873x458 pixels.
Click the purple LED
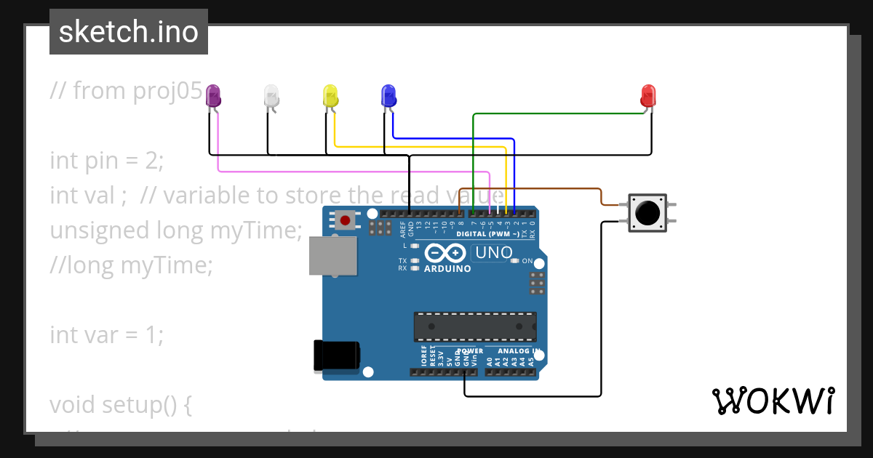pos(213,95)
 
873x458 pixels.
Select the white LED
pos(271,95)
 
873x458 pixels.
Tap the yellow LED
pos(330,95)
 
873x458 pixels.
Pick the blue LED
pos(388,95)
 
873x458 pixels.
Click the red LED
pos(647,95)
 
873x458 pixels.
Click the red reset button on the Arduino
pos(345,220)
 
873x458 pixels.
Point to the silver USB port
pos(333,256)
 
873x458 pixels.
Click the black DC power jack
pos(335,355)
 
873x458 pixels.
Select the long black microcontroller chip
pos(475,326)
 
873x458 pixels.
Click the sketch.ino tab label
pos(129,32)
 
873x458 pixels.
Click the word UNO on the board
pos(493,253)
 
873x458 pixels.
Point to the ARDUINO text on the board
pos(447,268)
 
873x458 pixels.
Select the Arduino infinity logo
pos(445,253)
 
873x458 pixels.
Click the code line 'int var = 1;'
pos(107,335)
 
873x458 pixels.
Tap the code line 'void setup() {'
pos(121,404)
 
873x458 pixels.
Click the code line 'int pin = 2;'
pos(107,161)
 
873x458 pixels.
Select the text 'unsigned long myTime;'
pos(175,230)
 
